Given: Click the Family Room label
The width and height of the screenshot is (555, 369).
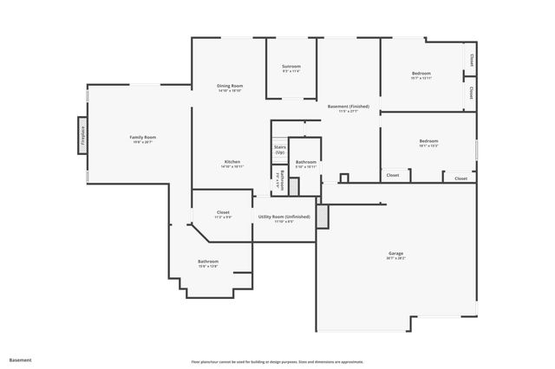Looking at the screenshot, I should [x=142, y=137].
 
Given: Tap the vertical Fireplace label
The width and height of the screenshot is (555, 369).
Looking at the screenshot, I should [x=83, y=136].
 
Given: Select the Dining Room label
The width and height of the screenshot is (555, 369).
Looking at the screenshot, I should [x=230, y=85].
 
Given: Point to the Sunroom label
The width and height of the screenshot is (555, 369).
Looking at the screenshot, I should [x=291, y=67].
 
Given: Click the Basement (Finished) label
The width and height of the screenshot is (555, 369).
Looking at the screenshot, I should [x=343, y=107].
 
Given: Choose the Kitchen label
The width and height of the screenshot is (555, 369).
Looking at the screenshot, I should [x=232, y=162].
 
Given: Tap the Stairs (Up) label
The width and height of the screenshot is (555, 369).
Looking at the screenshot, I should [x=280, y=150].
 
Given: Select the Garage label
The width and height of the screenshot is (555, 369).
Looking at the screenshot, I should [x=396, y=253].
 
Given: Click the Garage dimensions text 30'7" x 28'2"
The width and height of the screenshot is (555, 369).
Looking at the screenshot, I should [x=396, y=258].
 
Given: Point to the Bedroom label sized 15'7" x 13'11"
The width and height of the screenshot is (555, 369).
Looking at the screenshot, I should [x=421, y=74].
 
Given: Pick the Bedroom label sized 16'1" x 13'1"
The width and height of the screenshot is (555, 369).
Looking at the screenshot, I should [x=428, y=141].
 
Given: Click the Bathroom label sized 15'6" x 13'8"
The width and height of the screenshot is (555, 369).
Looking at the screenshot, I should [x=208, y=261].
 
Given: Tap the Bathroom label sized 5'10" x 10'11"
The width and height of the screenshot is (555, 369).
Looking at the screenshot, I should [x=305, y=162].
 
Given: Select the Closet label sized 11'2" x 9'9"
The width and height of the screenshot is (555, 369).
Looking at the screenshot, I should [x=223, y=212].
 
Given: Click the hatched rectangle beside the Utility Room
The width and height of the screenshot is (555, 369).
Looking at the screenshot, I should [x=323, y=216].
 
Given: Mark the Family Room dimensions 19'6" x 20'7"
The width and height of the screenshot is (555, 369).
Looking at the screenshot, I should [x=142, y=142].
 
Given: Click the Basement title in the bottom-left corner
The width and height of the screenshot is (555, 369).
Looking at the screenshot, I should [x=21, y=359].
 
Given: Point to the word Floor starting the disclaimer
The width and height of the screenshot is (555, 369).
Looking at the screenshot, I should [x=194, y=362].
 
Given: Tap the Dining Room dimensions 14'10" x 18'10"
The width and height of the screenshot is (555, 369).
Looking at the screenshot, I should [x=230, y=90].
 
